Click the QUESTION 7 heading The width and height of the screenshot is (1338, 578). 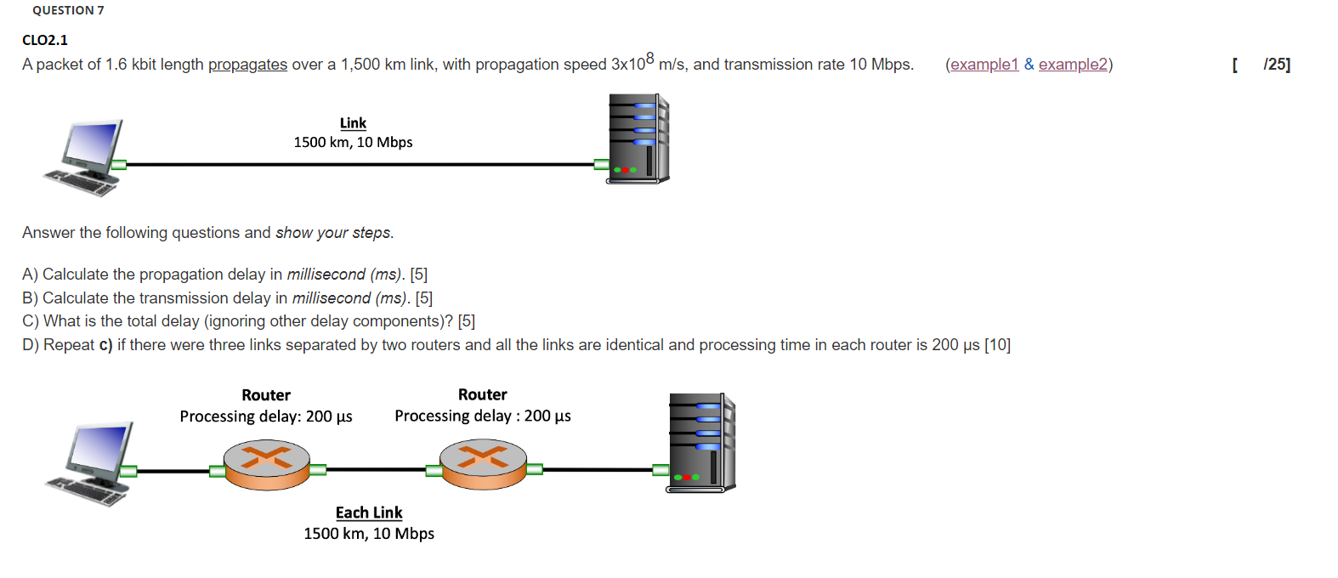pos(68,10)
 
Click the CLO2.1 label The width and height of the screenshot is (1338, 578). pos(45,40)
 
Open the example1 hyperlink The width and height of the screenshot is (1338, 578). pos(984,65)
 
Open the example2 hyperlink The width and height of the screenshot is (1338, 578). pos(1073,65)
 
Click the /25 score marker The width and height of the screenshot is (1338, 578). pos(1276,65)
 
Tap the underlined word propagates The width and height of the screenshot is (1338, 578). pos(247,65)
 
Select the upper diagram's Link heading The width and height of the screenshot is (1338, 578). pos(353,123)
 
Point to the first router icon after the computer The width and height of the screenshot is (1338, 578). pos(267,464)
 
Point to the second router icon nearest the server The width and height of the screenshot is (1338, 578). pos(483,464)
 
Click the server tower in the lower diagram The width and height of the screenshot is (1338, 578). pos(701,442)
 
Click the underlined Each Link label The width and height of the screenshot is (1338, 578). pos(369,513)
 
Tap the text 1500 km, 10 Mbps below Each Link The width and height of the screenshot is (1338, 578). pos(369,534)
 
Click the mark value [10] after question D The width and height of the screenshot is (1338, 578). pos(997,345)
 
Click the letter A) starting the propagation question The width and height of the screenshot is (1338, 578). pos(30,275)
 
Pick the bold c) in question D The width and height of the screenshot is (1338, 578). pos(105,345)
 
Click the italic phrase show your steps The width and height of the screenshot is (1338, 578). pos(333,233)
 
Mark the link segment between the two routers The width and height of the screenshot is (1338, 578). pos(375,469)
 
